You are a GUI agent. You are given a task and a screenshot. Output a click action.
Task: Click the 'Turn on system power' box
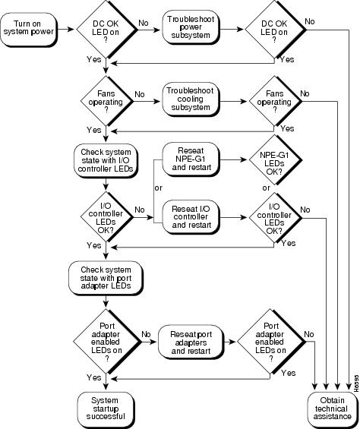point(28,30)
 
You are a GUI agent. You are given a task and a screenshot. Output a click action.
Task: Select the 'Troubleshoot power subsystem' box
point(191,27)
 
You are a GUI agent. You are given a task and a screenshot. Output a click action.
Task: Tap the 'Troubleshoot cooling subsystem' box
point(191,99)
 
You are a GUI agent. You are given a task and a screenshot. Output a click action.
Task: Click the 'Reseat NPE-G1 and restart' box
point(191,159)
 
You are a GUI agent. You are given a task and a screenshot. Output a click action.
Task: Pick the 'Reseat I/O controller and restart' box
point(191,217)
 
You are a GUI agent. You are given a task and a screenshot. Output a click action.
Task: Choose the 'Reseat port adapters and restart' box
point(191,342)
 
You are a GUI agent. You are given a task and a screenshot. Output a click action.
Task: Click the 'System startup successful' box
point(106,409)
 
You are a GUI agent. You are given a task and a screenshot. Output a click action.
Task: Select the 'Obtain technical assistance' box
point(333,409)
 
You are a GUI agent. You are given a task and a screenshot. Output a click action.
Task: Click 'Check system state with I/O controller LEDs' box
point(106,161)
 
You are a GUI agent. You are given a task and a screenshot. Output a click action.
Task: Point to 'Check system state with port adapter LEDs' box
point(106,278)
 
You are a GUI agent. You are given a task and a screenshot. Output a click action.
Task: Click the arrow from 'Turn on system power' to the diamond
point(65,29)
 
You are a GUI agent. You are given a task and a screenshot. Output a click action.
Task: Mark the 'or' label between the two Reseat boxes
point(158,188)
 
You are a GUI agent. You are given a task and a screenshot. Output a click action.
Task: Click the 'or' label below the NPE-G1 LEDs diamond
point(266,188)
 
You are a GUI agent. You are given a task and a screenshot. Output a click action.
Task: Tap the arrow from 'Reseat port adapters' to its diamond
point(229,342)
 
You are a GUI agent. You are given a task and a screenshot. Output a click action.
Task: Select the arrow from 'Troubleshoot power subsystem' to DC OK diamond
point(232,29)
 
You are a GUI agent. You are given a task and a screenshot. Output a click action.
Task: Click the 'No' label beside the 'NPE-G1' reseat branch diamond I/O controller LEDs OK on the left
point(140,210)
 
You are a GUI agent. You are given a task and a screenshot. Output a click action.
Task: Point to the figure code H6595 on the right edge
point(356,383)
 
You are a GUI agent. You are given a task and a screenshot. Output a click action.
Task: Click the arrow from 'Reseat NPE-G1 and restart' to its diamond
point(233,159)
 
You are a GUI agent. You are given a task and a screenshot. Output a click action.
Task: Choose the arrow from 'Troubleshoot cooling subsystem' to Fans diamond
point(233,101)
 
